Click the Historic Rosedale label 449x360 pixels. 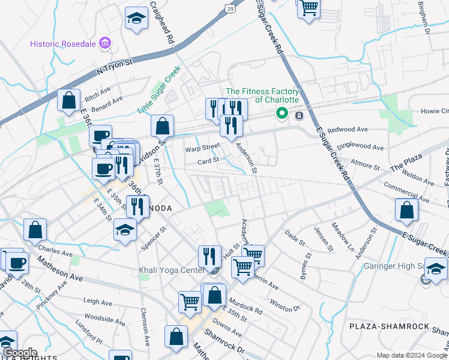[x=64, y=44]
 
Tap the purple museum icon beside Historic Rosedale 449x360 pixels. [x=106, y=43]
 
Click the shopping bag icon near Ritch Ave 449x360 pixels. [x=69, y=100]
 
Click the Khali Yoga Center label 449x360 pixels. [x=172, y=271]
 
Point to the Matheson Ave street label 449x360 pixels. [x=60, y=269]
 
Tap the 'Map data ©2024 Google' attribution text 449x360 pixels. [x=412, y=355]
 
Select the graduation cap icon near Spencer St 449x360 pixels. [x=125, y=230]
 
